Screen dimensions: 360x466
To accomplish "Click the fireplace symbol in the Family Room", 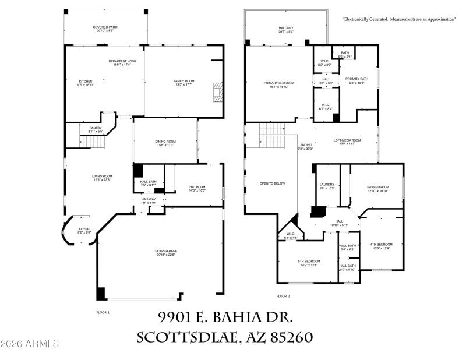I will (217, 92).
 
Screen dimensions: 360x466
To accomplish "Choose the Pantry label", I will (96, 130).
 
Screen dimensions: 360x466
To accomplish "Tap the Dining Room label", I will (165, 143).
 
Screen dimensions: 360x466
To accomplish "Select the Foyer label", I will (84, 231).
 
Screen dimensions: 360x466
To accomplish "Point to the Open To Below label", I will (272, 183).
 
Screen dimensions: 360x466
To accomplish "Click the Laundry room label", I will (327, 186).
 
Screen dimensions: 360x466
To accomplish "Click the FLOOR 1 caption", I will (103, 313).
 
